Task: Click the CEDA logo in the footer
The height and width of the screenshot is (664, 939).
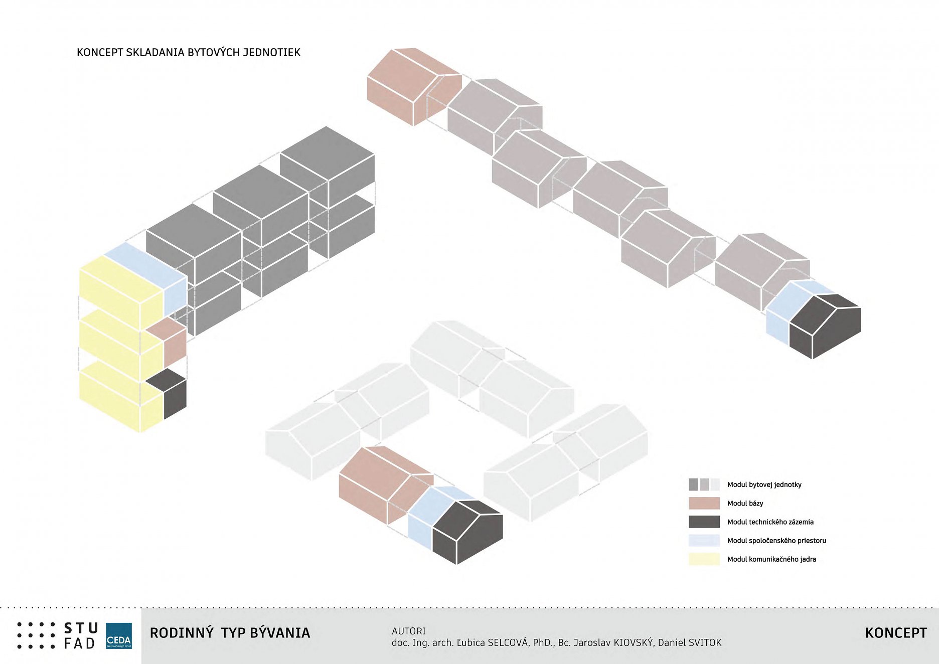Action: (119, 636)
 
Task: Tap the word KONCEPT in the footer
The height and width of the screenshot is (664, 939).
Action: (895, 633)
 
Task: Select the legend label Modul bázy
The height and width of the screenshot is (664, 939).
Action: (745, 503)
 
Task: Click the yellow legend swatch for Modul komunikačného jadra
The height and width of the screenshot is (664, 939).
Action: (704, 559)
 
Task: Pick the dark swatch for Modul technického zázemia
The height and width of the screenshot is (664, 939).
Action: (704, 522)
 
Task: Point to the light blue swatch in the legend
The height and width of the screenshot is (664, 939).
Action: (704, 540)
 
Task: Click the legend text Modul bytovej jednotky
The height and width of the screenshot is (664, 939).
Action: (764, 484)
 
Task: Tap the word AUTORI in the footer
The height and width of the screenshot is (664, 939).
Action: (408, 631)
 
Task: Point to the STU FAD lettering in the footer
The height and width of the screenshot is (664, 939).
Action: (80, 636)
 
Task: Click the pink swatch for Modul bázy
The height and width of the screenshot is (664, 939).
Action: (704, 503)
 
